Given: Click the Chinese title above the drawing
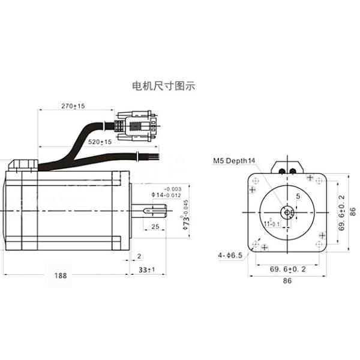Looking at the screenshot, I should pos(163,86).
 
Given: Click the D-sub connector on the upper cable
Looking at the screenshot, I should pos(136,127).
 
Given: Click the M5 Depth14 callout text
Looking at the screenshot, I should pos(234,161).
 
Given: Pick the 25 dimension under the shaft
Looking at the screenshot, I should pos(154,227).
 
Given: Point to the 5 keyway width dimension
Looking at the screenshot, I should pos(298,197).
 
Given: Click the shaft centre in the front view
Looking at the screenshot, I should pos(288,212).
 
